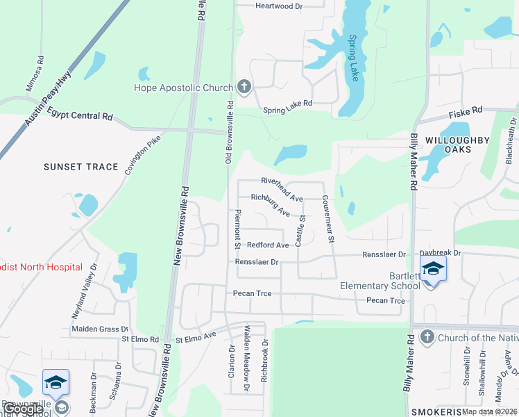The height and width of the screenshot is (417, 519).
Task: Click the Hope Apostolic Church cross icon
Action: [x=244, y=87]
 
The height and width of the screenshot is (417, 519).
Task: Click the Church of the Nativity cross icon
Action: [x=426, y=338]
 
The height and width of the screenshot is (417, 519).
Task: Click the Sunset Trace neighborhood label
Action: [x=82, y=167]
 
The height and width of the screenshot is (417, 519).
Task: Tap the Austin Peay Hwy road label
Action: [x=49, y=101]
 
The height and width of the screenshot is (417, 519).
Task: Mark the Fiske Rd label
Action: [x=468, y=111]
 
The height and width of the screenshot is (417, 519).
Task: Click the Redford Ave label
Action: [x=268, y=245]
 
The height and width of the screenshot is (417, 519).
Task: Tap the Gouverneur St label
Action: [x=327, y=218]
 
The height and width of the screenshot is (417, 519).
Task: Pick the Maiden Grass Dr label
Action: [x=100, y=329]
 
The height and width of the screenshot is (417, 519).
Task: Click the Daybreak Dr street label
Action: [x=441, y=254]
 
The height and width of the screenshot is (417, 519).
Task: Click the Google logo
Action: [x=23, y=409]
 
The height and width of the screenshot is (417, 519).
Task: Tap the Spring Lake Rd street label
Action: [x=288, y=111]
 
